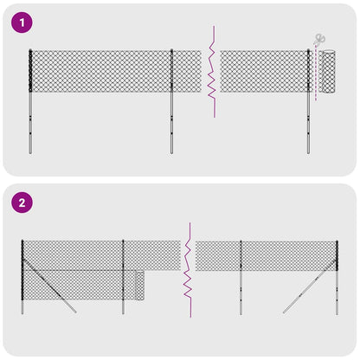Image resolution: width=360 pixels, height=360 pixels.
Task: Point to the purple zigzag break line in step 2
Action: tap(184, 268)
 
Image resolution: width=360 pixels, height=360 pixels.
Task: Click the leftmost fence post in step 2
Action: tap(22, 277)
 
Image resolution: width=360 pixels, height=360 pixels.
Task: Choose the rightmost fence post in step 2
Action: tap(337, 277)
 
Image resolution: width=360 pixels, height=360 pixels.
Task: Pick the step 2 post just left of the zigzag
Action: tap(123, 277)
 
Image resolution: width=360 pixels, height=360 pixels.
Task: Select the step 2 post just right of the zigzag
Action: tap(241, 277)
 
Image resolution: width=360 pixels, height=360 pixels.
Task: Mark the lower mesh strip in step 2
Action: tap(78, 284)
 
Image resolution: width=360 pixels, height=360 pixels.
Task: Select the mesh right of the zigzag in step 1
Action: tap(264, 72)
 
